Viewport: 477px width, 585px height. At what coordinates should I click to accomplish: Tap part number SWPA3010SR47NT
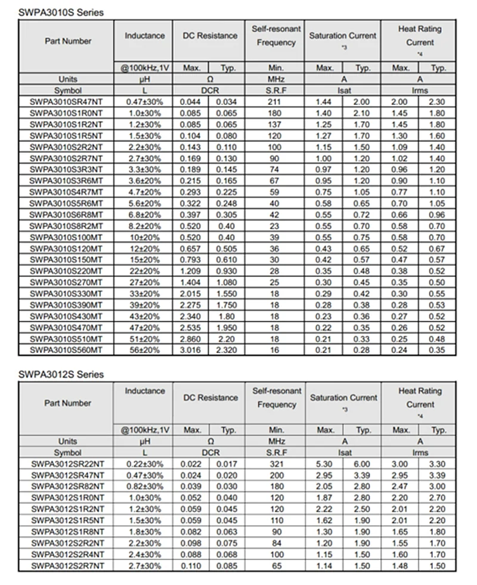point(67,102)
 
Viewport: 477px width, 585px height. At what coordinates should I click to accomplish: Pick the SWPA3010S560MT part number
point(67,349)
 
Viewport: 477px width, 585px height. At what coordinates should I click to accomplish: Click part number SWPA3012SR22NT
point(67,464)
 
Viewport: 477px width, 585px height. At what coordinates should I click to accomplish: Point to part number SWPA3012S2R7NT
point(67,565)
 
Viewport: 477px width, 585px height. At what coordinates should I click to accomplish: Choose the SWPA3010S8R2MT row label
point(67,227)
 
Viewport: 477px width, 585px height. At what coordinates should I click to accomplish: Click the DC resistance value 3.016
point(191,349)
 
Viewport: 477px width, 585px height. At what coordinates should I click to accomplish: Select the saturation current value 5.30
point(325,464)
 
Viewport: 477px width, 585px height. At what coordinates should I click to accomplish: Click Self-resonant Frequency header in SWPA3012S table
point(276,398)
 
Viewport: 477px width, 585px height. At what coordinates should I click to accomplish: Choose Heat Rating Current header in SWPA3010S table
point(420,36)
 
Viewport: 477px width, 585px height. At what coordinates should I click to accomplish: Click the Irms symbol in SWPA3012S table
point(420,453)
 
